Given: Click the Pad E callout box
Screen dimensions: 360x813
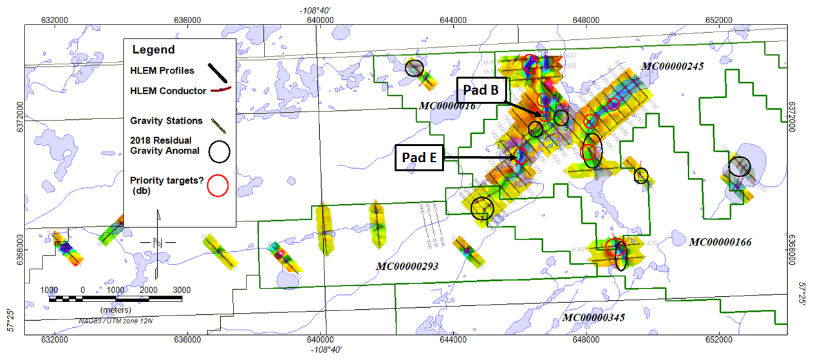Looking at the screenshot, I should [x=419, y=157].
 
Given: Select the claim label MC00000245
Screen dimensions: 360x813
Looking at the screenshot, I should [x=672, y=66].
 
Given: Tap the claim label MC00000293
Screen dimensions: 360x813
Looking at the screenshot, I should [x=407, y=265].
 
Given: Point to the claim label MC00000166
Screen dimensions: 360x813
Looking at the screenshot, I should [x=720, y=243].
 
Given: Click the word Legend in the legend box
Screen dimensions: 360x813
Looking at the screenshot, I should [x=153, y=50].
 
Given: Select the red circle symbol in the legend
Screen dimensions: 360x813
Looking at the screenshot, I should [x=220, y=185].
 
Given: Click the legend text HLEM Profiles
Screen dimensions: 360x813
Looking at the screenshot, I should [x=162, y=71].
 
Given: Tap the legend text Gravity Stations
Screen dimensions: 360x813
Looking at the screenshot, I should [x=166, y=120].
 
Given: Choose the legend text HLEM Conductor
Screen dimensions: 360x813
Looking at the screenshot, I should [x=165, y=91].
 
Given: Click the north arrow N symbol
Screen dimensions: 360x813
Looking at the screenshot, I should [x=158, y=242].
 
